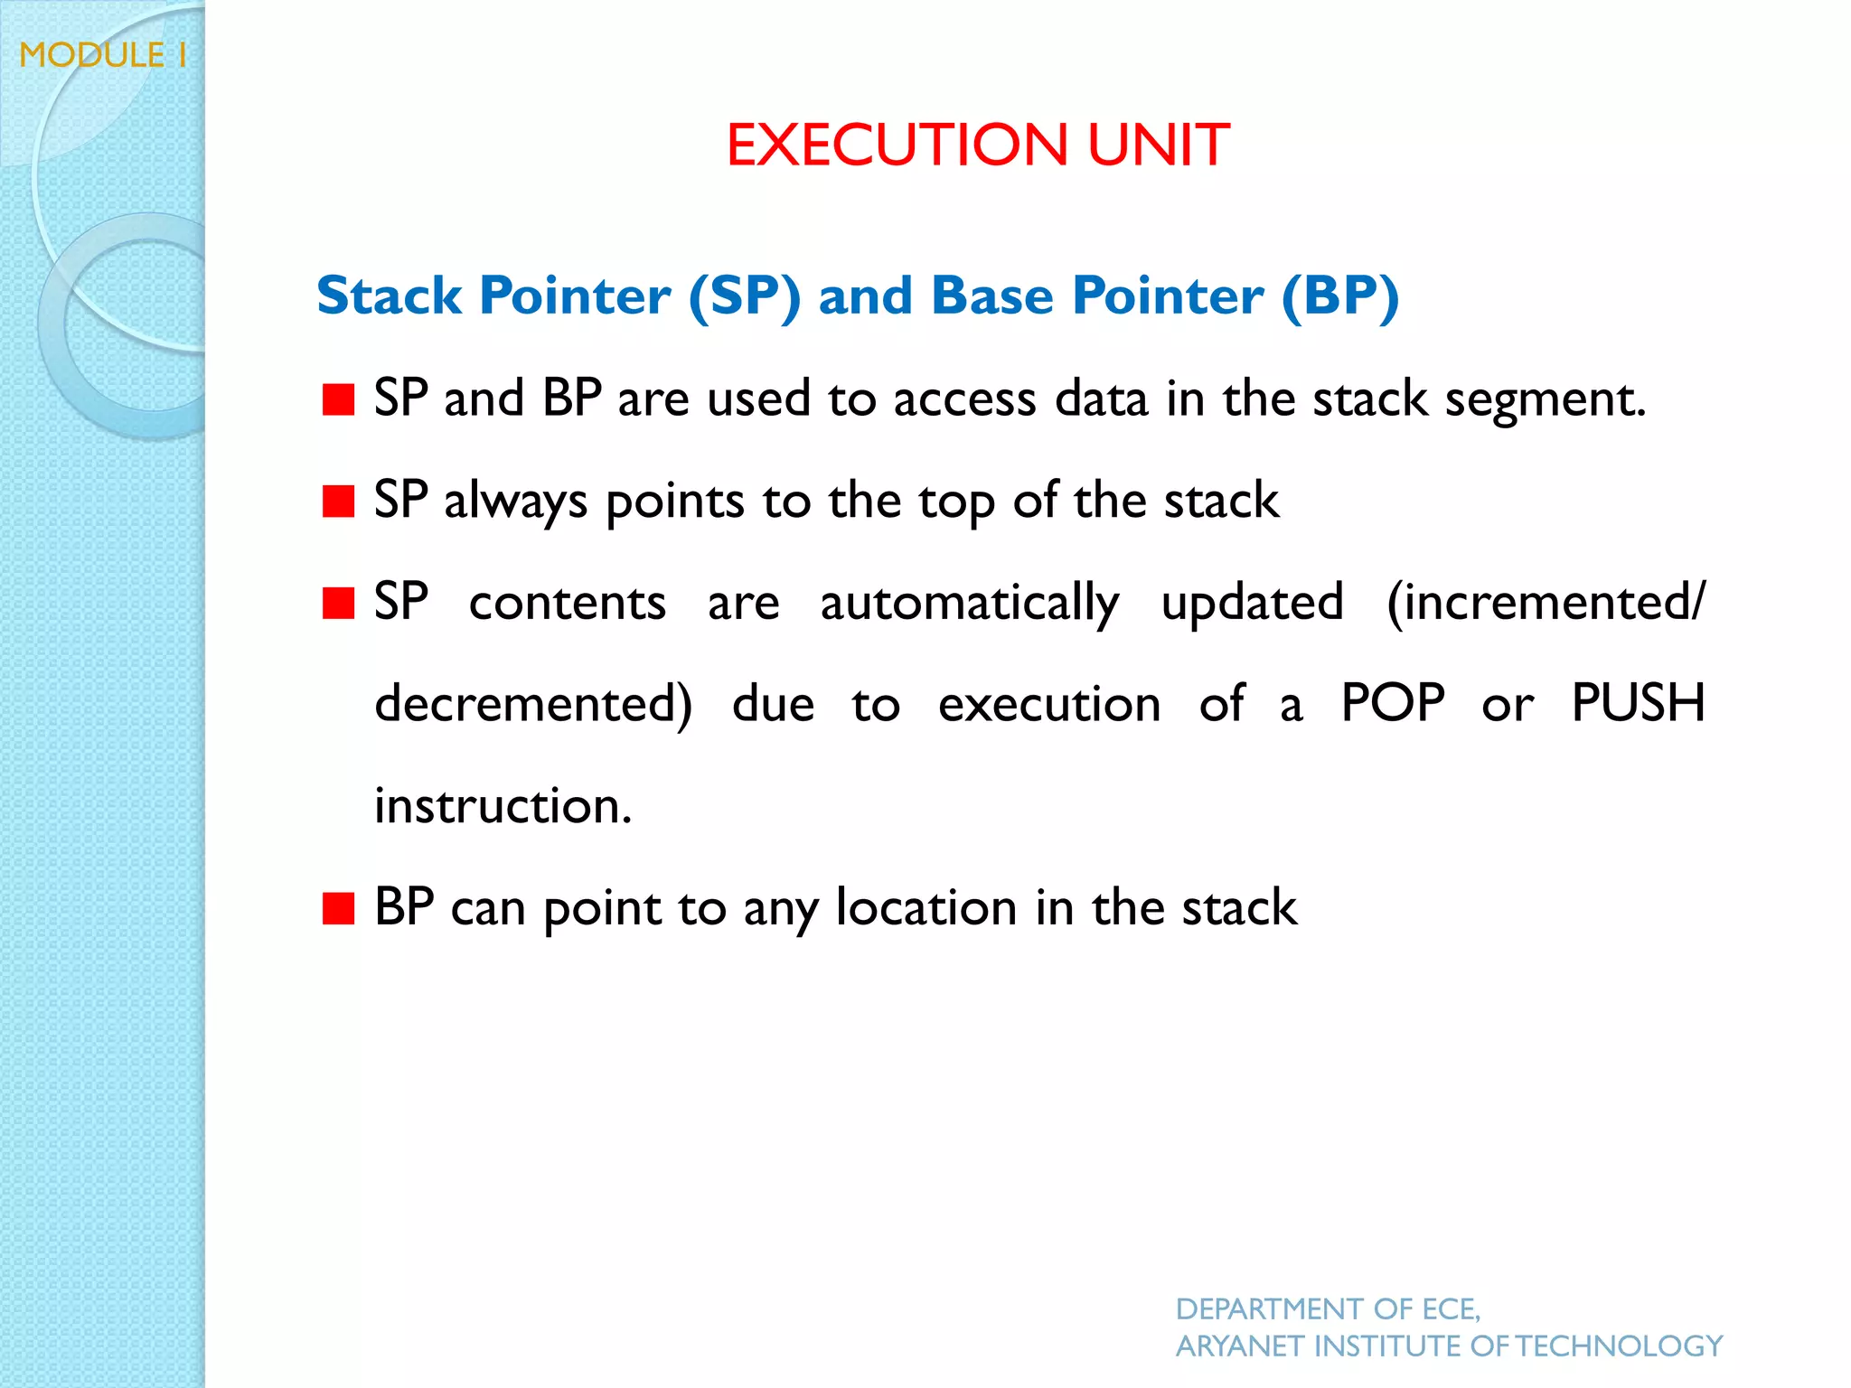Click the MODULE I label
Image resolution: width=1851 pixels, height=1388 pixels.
tap(103, 56)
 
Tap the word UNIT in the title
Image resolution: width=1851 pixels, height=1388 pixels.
tap(1158, 145)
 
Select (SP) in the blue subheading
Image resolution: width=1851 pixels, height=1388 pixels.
tap(744, 296)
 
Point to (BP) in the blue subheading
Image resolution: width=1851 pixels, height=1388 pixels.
tap(1340, 296)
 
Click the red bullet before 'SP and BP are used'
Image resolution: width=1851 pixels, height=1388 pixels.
tap(338, 399)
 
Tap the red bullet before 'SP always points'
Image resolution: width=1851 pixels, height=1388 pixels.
tap(338, 501)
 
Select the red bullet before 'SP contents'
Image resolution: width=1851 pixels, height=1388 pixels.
tap(338, 603)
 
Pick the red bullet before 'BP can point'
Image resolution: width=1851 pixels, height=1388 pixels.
tap(338, 908)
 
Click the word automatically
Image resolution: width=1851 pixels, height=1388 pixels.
tap(969, 604)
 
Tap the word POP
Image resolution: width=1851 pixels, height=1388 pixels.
tap(1392, 703)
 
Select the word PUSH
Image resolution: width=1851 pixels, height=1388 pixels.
tap(1637, 703)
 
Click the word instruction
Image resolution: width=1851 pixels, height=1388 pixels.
tap(503, 805)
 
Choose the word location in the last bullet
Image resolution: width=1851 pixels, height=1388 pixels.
tap(926, 907)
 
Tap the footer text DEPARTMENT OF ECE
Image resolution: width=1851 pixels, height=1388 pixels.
tap(1327, 1308)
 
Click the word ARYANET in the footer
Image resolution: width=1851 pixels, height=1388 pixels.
tap(1239, 1346)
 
